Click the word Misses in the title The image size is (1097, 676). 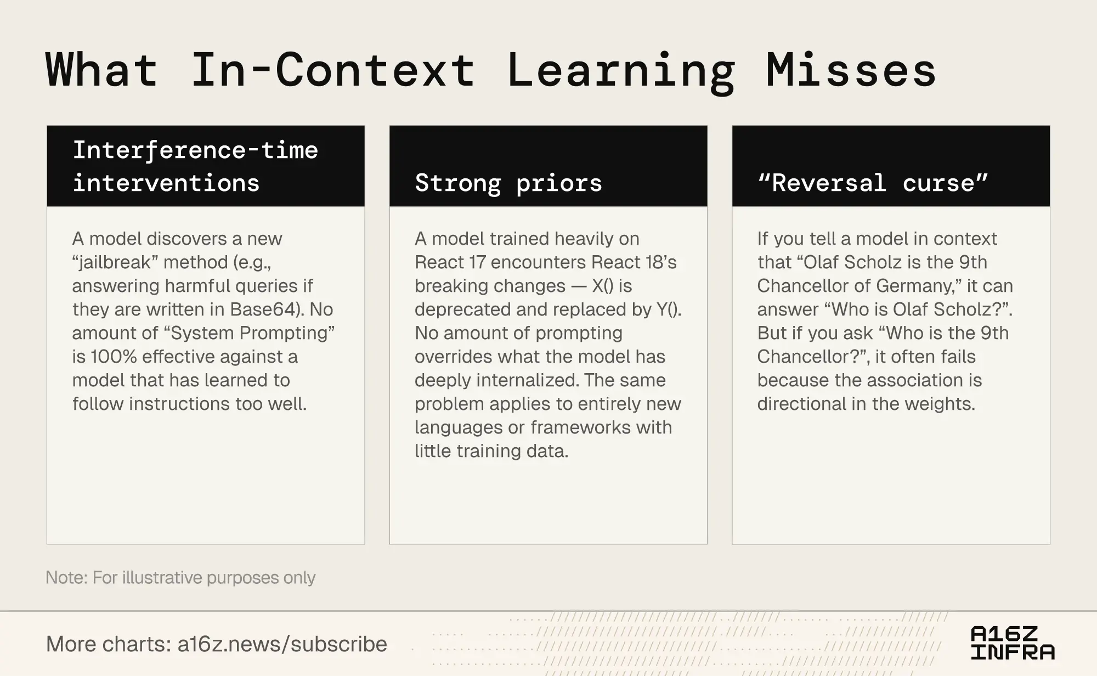pos(851,70)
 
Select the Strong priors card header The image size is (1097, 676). pos(548,166)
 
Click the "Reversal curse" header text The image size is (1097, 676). pos(873,183)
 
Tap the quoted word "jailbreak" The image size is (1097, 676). pos(115,262)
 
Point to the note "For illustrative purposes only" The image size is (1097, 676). pos(204,578)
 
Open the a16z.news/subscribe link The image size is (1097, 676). pos(282,644)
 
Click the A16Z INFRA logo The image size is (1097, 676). pos(1013,643)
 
